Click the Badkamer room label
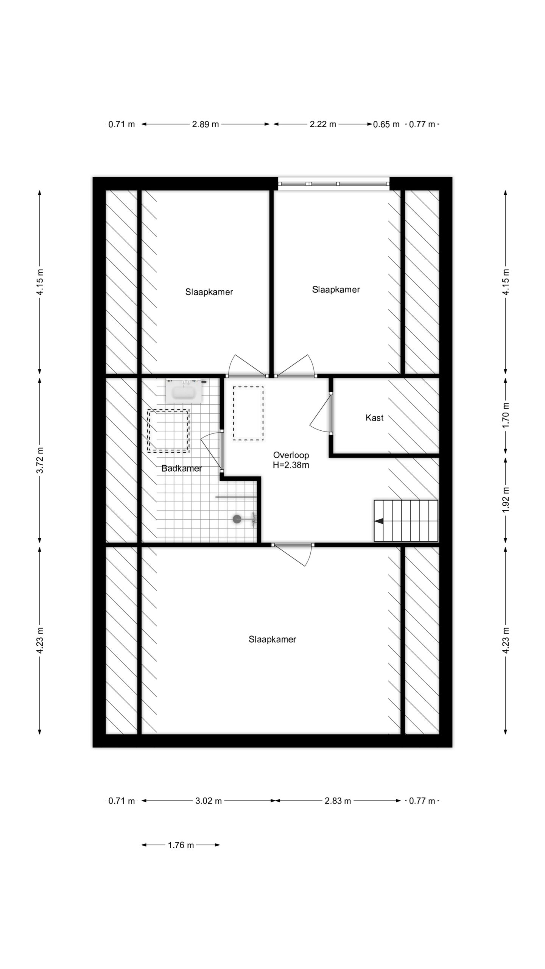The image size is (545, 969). click(x=182, y=468)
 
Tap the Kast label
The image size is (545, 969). click(x=374, y=418)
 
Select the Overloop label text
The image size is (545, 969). click(x=291, y=455)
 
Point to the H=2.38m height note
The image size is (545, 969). click(x=291, y=465)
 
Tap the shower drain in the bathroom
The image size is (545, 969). click(x=237, y=519)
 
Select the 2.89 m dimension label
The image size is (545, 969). click(x=206, y=124)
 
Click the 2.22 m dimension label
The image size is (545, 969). click(x=323, y=124)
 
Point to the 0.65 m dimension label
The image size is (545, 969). click(x=386, y=124)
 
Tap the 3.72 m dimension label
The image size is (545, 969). click(x=41, y=460)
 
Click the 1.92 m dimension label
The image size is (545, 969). click(x=506, y=500)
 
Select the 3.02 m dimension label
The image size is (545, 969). click(x=209, y=801)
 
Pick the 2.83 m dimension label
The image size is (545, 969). click(x=338, y=801)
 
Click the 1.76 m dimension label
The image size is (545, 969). click(x=181, y=845)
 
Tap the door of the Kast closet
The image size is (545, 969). click(x=321, y=413)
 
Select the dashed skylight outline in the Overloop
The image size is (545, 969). click(x=248, y=413)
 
